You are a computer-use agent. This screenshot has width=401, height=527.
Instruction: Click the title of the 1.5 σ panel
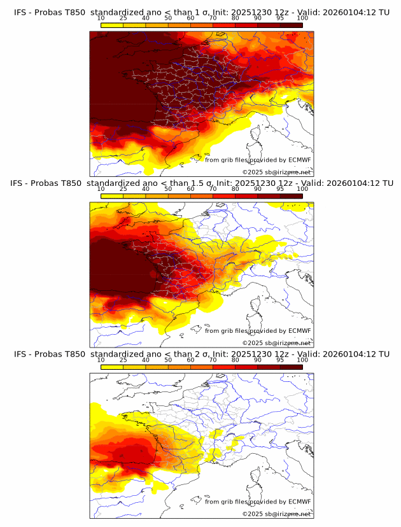[201, 183]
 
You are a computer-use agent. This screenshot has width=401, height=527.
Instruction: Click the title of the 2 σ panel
[201, 354]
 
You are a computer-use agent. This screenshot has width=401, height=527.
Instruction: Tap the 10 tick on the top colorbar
[101, 18]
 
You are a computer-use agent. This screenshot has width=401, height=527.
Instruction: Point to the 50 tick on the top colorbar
[168, 18]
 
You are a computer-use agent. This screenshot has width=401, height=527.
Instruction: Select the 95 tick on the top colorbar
[280, 18]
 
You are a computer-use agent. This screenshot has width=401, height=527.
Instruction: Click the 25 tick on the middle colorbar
[123, 189]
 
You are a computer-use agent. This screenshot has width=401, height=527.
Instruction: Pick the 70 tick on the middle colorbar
[213, 189]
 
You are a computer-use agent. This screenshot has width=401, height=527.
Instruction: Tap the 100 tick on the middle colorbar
[302, 189]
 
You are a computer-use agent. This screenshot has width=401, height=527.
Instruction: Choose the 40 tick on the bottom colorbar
[146, 360]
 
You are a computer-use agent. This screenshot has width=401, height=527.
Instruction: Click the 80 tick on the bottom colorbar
[236, 360]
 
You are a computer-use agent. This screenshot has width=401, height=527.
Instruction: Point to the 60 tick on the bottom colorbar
[190, 360]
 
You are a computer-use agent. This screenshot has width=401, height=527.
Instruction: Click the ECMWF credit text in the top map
[258, 160]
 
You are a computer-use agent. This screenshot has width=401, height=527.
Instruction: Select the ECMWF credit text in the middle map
[258, 331]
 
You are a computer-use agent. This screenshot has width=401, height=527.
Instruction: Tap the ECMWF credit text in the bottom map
[258, 502]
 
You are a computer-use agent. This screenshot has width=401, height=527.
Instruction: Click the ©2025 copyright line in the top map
[276, 172]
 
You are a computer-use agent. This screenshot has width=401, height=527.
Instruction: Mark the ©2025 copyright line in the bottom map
[276, 514]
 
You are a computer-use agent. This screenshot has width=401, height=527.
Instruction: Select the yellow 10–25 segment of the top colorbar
[112, 25]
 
